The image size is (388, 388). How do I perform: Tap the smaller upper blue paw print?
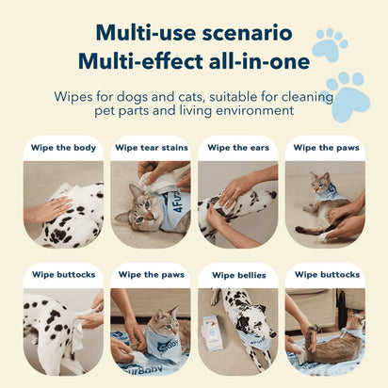[x=330, y=44]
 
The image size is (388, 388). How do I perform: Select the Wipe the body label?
[x=64, y=148]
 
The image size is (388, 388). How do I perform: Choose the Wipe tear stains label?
[x=151, y=148]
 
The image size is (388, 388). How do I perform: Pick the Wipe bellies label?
[x=237, y=275]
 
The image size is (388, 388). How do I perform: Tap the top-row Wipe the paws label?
[x=325, y=148]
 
